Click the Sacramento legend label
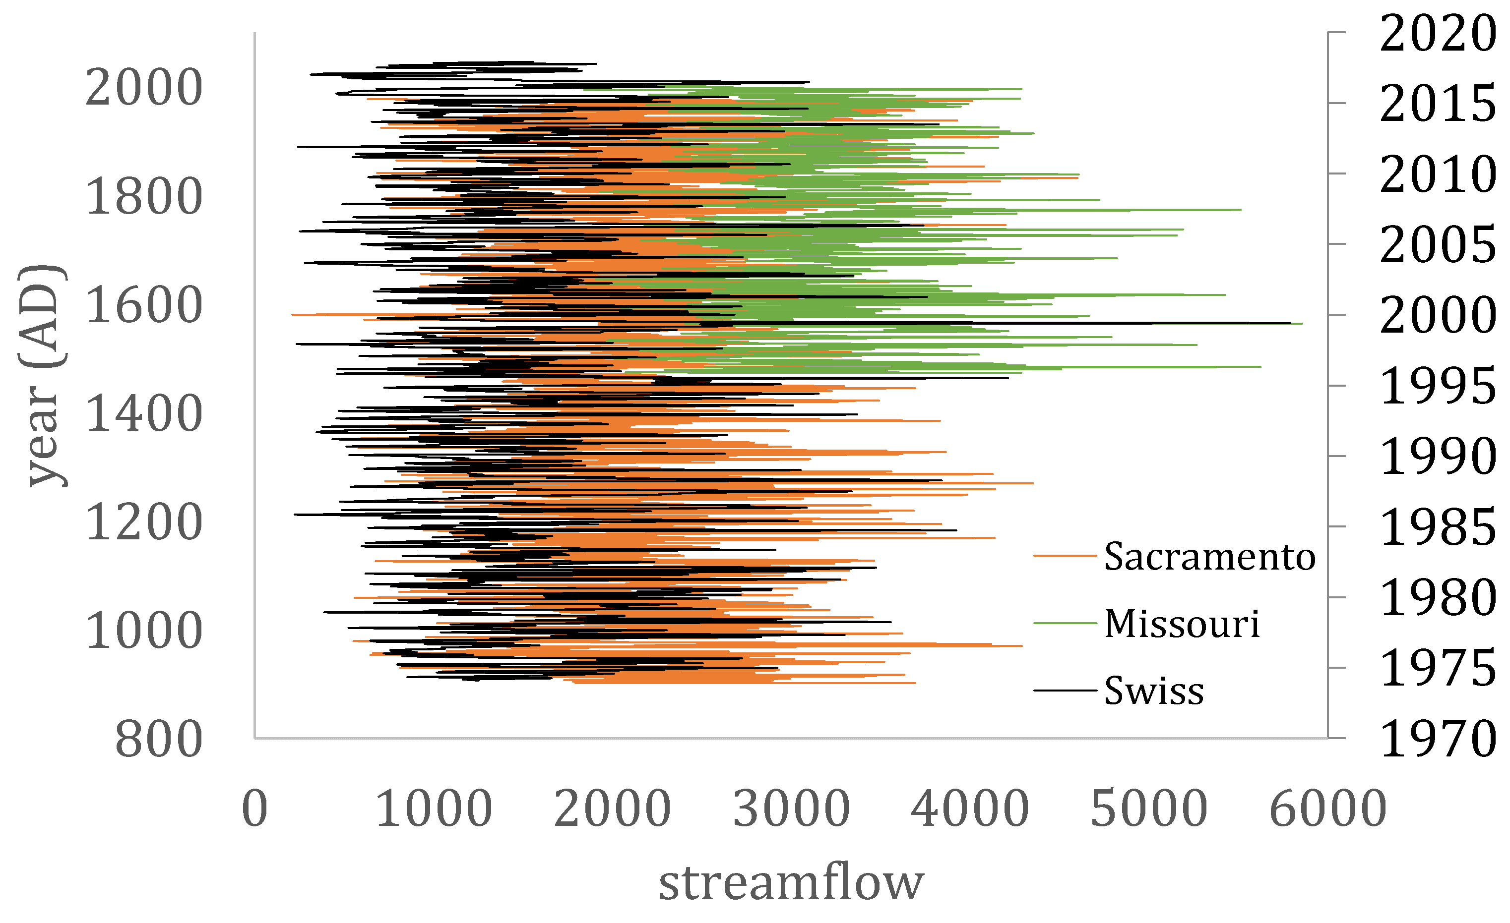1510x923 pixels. pyautogui.click(x=1209, y=557)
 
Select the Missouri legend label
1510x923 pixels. pyautogui.click(x=1182, y=624)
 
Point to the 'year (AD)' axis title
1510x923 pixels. pyautogui.click(x=42, y=376)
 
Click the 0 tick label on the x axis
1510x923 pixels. pyautogui.click(x=255, y=809)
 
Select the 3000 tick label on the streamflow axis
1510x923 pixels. pyautogui.click(x=791, y=809)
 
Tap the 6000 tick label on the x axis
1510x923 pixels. pyautogui.click(x=1328, y=809)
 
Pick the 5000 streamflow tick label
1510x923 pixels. pyautogui.click(x=1149, y=809)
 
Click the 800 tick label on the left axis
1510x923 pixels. pyautogui.click(x=159, y=739)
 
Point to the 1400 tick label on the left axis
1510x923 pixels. pyautogui.click(x=144, y=413)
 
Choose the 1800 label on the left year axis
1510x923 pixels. pyautogui.click(x=144, y=197)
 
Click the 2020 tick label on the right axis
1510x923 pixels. pyautogui.click(x=1438, y=33)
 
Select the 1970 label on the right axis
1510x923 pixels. pyautogui.click(x=1438, y=739)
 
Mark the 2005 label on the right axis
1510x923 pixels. pyautogui.click(x=1438, y=245)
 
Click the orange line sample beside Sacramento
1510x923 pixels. pyautogui.click(x=1065, y=556)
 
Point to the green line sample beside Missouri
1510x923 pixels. pyautogui.click(x=1065, y=624)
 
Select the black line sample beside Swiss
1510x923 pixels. pyautogui.click(x=1065, y=690)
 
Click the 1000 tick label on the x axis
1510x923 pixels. pyautogui.click(x=434, y=809)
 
